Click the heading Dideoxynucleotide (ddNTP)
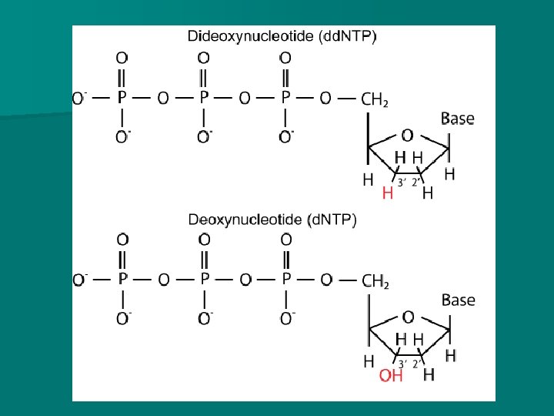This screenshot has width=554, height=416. [282, 36]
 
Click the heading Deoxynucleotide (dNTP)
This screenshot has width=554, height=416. [272, 220]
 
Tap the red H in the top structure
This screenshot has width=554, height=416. [388, 193]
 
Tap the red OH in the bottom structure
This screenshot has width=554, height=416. [390, 375]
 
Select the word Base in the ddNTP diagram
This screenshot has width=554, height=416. [457, 119]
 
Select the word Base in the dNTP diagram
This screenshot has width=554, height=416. [458, 300]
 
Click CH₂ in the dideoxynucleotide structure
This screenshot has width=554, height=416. [375, 99]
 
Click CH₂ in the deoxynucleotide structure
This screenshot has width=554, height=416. [375, 280]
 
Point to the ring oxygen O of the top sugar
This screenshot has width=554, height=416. [407, 136]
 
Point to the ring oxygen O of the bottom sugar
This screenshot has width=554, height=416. [408, 317]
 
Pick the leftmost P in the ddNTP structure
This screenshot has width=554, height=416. [121, 98]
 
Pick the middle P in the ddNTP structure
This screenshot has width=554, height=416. [204, 98]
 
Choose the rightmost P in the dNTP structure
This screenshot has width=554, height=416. [286, 280]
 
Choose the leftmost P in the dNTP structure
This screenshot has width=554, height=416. [122, 280]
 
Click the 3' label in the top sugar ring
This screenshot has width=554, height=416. [400, 182]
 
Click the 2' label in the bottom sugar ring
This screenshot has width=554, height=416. [416, 364]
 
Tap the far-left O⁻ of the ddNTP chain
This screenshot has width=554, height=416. [79, 98]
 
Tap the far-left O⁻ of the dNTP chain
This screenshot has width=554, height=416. [79, 280]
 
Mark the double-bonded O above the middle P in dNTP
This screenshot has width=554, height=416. [204, 240]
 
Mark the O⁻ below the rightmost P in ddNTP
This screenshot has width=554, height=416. [286, 138]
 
